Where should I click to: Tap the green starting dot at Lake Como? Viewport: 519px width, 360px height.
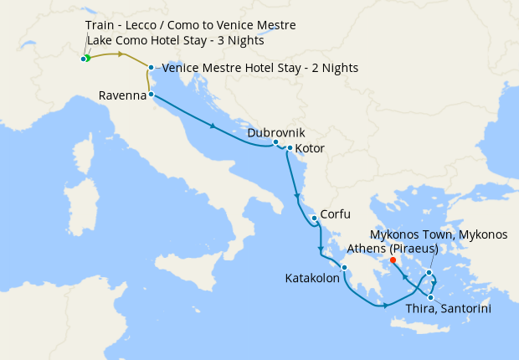[86, 59]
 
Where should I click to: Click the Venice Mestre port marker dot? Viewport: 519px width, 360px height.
[151, 68]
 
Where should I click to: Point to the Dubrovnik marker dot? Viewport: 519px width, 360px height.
[276, 142]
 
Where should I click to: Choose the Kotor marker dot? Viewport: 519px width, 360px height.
[290, 149]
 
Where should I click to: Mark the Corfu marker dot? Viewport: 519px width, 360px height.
[314, 219]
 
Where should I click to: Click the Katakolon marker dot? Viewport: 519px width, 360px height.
[344, 268]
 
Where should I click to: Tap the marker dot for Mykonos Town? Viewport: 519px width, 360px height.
[429, 273]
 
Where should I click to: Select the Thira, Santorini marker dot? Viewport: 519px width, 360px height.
[431, 297]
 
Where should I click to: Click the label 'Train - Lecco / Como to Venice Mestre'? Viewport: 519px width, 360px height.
[190, 26]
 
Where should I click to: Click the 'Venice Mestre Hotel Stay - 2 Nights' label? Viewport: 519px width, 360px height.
[259, 68]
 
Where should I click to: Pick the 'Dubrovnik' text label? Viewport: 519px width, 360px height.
[276, 132]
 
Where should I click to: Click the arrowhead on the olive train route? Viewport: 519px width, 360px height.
[122, 54]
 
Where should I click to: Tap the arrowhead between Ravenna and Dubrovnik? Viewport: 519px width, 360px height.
[215, 127]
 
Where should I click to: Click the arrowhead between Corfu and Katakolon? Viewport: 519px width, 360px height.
[321, 249]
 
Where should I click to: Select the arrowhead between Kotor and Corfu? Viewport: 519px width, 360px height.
[296, 198]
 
